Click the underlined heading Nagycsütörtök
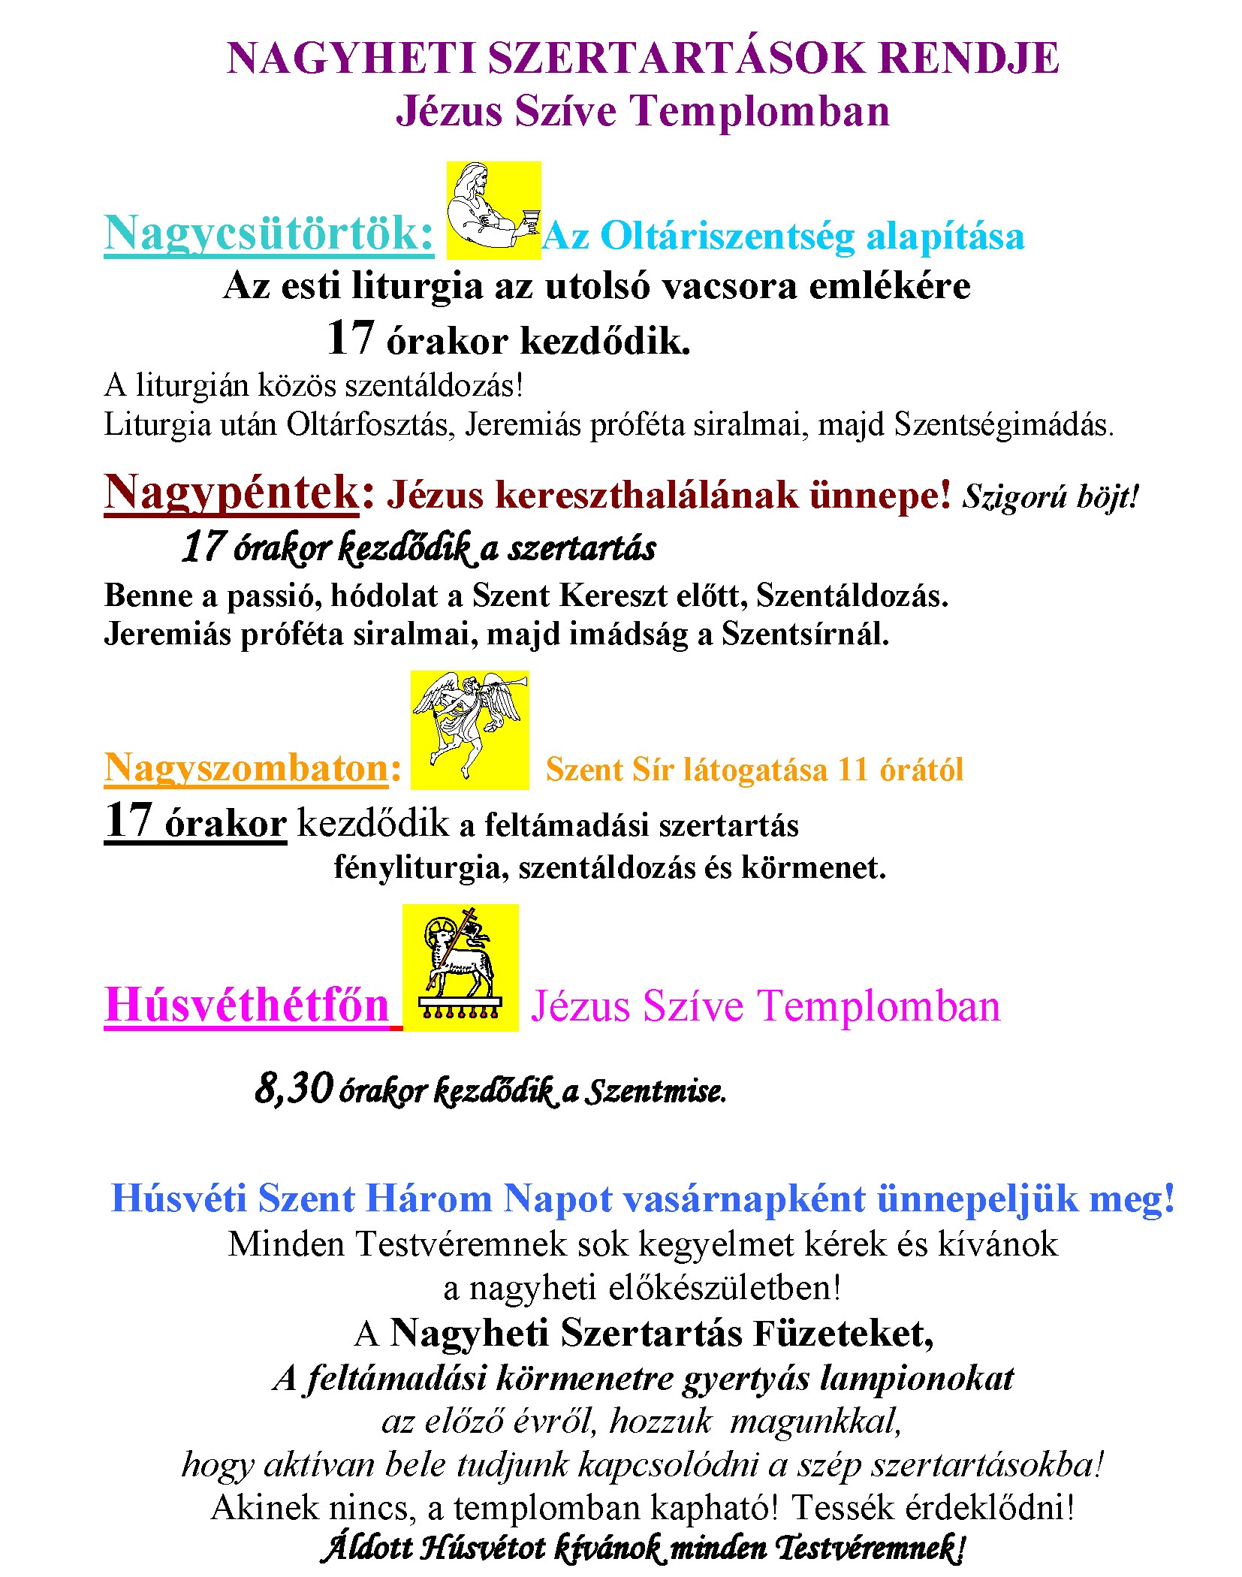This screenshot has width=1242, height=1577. (x=268, y=234)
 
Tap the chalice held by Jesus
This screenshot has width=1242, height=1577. (x=531, y=221)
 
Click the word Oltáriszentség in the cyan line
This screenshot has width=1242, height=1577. (x=727, y=237)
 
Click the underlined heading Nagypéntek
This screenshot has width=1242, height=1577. (x=231, y=493)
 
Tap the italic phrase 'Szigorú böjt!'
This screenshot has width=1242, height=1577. (x=1051, y=496)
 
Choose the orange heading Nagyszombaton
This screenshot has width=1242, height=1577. (x=246, y=768)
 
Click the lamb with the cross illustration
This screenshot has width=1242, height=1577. (x=460, y=967)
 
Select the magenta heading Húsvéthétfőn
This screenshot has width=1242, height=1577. (x=247, y=1005)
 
